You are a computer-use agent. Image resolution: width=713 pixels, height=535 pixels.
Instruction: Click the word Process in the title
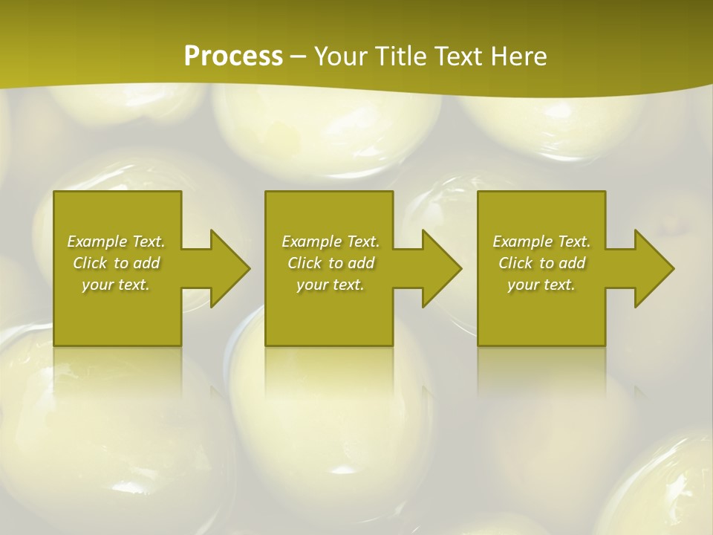[x=233, y=56]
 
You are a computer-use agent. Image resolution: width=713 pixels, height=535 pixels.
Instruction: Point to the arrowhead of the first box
[x=227, y=268]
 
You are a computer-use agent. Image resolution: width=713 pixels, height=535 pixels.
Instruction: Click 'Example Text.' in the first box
[x=116, y=241]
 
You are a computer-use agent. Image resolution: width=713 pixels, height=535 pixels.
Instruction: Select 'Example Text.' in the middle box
[x=331, y=241]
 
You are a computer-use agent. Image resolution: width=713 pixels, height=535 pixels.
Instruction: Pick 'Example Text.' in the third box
[x=541, y=241]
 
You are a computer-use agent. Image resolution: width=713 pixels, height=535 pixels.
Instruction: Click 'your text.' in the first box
[x=116, y=285]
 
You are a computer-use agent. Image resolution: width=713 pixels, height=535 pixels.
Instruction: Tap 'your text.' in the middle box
[x=331, y=285]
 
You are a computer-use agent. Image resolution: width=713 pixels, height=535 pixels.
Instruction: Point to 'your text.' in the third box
[x=541, y=285]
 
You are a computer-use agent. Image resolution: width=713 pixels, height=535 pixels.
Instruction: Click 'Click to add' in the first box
[x=116, y=263]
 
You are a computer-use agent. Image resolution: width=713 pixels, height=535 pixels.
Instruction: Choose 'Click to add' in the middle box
[x=331, y=263]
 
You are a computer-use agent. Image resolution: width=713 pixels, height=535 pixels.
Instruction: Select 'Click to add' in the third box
[x=541, y=263]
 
